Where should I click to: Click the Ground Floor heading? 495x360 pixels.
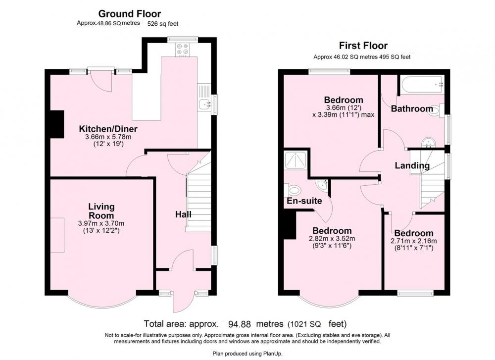(129, 14)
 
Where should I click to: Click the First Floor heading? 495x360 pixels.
(363, 46)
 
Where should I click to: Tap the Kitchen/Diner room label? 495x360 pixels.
(108, 129)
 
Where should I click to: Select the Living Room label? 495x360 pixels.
(101, 211)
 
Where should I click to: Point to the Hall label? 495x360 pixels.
(183, 214)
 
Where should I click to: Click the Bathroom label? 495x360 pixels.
(412, 108)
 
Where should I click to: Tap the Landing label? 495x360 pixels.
(412, 165)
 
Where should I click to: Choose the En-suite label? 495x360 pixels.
(304, 201)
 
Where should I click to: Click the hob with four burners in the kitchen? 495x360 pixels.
(183, 50)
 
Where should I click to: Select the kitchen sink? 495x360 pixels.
(204, 103)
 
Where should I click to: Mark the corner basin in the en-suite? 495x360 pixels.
(322, 185)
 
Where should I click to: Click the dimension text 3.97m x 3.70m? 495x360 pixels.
(101, 224)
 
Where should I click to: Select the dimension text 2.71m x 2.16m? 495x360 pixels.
(413, 241)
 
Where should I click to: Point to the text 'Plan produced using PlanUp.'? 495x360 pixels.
(247, 354)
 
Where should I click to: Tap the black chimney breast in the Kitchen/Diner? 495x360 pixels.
(57, 124)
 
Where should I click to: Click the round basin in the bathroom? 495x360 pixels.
(429, 142)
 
